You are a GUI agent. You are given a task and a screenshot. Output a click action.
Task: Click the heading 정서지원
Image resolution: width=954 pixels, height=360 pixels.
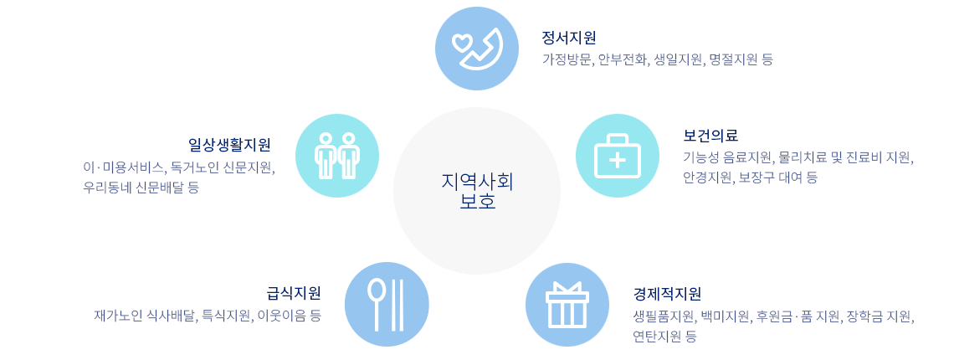tap(568, 38)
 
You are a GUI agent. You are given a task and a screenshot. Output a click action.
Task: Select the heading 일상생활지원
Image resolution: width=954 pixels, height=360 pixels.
tap(229, 145)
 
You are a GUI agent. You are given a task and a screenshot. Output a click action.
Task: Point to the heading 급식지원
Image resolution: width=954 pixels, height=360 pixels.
tap(294, 293)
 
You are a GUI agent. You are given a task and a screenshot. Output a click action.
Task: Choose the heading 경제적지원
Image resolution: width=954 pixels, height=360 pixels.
tap(667, 294)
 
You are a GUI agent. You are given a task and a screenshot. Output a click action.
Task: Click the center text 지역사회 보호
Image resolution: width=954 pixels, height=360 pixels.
tap(477, 191)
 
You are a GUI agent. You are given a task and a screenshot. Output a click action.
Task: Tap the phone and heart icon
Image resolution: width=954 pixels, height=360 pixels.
tap(477, 49)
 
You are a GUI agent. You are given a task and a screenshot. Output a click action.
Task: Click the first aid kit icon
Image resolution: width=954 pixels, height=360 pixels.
tap(617, 156)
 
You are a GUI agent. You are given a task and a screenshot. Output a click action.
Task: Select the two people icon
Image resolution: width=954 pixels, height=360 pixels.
tap(337, 156)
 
